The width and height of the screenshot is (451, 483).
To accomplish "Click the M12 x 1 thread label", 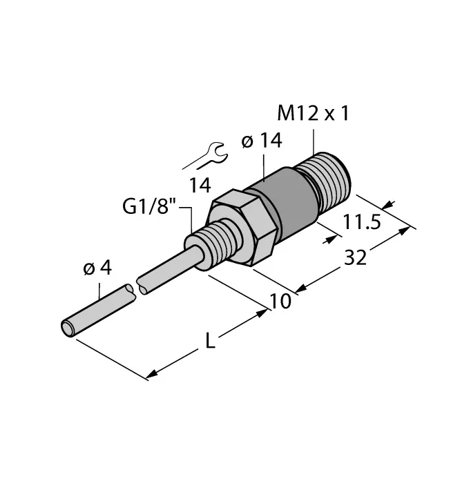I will pyautogui.click(x=313, y=112).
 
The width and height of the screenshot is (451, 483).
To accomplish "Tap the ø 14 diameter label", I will pyautogui.click(x=262, y=141).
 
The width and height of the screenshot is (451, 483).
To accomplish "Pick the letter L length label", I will pyautogui.click(x=215, y=342).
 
